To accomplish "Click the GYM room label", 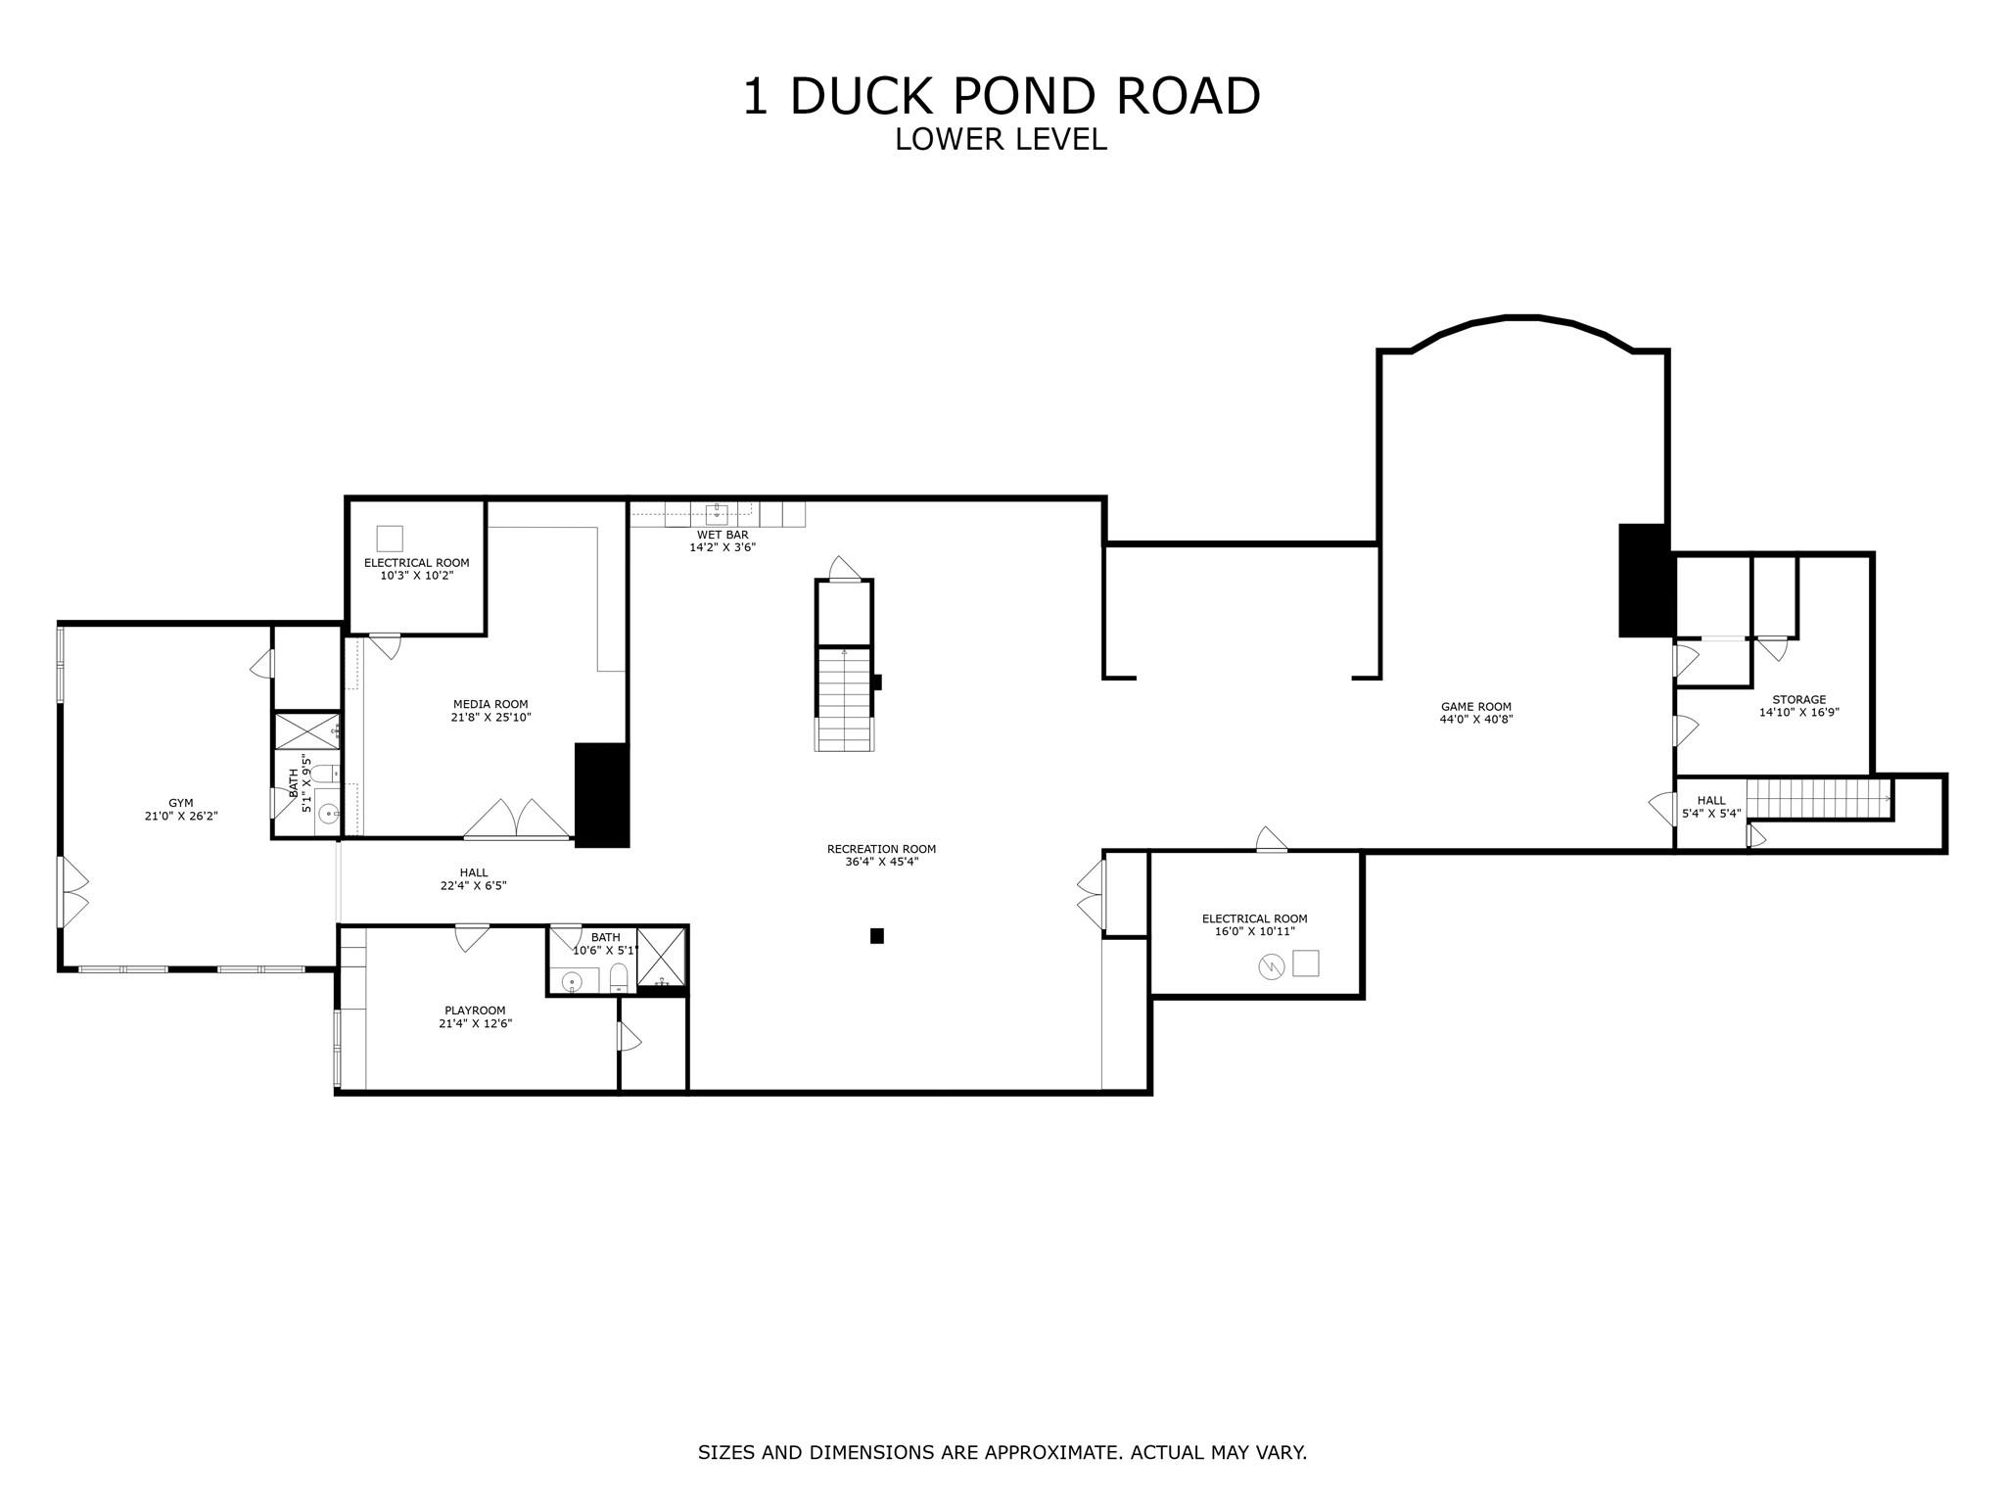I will [x=180, y=803].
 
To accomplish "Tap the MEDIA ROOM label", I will [x=490, y=704].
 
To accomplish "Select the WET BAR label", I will [x=723, y=535].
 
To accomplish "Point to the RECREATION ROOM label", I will [x=881, y=849].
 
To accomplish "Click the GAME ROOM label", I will [x=1475, y=706].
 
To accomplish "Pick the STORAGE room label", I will [x=1798, y=699].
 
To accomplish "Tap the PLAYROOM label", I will [x=475, y=1010].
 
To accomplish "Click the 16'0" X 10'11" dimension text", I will [x=1254, y=931].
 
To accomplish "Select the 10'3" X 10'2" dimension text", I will [x=416, y=576].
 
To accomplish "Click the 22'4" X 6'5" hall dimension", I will [x=473, y=886].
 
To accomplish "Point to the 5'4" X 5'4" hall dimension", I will [x=1711, y=813].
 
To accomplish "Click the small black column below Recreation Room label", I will [x=877, y=936].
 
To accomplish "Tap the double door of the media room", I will [x=516, y=821].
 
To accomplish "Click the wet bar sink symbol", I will [x=717, y=510].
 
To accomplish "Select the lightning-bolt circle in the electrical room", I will [x=1271, y=967].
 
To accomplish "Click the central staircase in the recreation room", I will [x=844, y=699].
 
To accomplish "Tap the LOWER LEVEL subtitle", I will [x=1001, y=139].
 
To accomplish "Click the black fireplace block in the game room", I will [x=1644, y=581].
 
